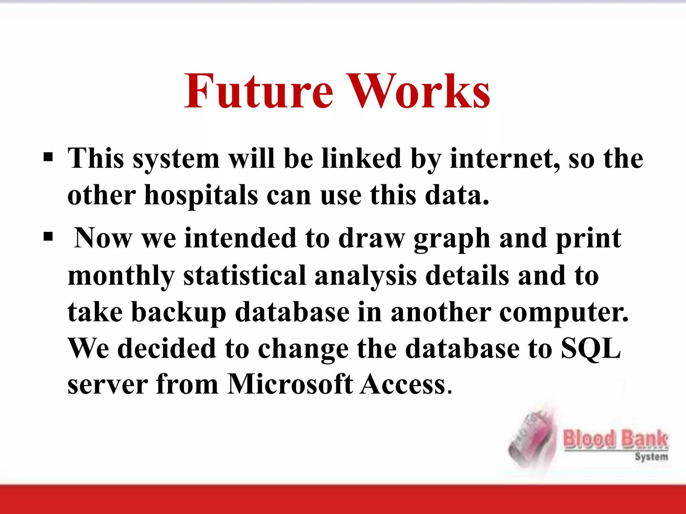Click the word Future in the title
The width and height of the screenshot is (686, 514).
point(259,91)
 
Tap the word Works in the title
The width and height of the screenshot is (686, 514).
point(418,91)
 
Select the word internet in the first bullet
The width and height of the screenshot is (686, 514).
point(504,159)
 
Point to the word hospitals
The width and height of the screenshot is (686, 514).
point(201,195)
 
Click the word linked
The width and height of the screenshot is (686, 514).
point(361,159)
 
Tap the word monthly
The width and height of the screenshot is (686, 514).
point(121,276)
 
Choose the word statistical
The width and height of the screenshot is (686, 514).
point(245,276)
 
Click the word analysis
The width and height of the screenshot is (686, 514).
point(366,276)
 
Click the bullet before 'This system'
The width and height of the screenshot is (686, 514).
point(48,157)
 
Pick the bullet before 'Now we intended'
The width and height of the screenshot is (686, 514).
point(48,237)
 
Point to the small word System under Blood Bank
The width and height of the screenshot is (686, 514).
point(651,457)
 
